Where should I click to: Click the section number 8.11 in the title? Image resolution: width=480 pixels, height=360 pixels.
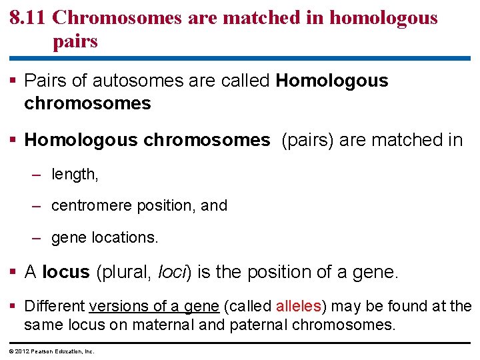coord(27,18)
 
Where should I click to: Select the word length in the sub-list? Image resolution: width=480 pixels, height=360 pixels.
coord(73,175)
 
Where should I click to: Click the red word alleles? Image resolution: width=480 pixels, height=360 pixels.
coord(299,307)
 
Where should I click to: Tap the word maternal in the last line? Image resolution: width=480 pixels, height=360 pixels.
coord(172,325)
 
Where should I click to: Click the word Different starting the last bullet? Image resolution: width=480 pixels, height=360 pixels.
coord(55,307)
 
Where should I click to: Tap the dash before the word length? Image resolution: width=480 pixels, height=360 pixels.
coord(38,175)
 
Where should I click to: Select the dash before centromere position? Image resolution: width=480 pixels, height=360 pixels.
coord(38,206)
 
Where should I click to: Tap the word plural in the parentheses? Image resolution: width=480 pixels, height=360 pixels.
coord(127,272)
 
